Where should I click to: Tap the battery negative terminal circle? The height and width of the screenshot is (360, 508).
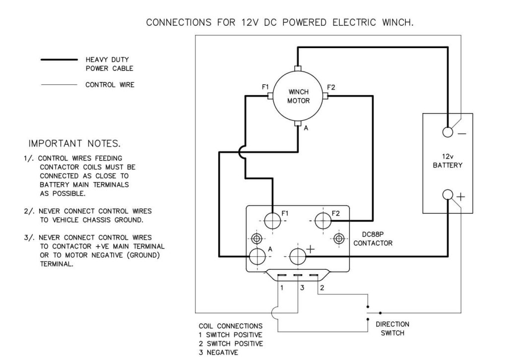pyautogui.click(x=448, y=132)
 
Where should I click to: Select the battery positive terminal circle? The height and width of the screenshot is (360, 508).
pyautogui.click(x=448, y=195)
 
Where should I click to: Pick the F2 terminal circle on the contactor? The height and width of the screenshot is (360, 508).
pyautogui.click(x=323, y=220)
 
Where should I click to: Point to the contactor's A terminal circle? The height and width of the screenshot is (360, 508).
pyautogui.click(x=257, y=256)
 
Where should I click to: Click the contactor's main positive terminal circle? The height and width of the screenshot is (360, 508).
pyautogui.click(x=298, y=256)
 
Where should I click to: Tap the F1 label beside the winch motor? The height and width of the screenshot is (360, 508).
pyautogui.click(x=265, y=87)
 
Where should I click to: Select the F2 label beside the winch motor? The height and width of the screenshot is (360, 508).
pyautogui.click(x=331, y=87)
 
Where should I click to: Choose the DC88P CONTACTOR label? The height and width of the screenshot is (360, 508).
pyautogui.click(x=373, y=240)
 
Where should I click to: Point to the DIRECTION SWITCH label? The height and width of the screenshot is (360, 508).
pyautogui.click(x=392, y=328)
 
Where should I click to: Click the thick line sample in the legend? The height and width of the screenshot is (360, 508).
pyautogui.click(x=59, y=60)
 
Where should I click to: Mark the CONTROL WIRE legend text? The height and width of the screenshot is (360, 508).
pyautogui.click(x=110, y=85)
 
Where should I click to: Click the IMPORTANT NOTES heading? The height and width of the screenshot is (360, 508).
pyautogui.click(x=74, y=144)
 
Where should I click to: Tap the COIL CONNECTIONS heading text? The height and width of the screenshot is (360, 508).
pyautogui.click(x=231, y=326)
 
